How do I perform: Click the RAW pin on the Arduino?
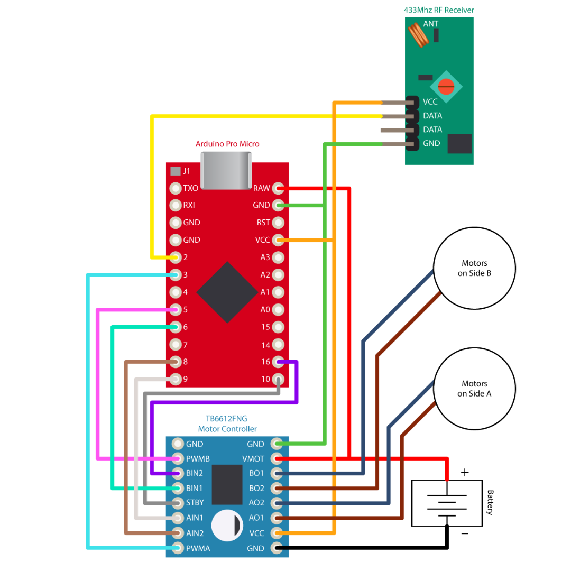(279, 188)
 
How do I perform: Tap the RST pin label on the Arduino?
(263, 223)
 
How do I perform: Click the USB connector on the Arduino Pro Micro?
(226, 170)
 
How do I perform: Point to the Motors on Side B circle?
(474, 268)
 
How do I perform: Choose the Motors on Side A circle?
(474, 389)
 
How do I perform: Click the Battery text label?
(490, 502)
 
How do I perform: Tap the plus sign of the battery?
(465, 473)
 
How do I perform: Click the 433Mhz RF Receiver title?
(438, 10)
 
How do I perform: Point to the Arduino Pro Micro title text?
(227, 144)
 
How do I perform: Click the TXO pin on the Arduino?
(176, 188)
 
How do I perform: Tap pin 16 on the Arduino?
(279, 362)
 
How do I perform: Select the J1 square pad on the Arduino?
(175, 171)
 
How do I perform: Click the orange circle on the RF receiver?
(446, 85)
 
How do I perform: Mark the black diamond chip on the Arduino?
(227, 292)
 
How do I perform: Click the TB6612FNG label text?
(226, 419)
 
